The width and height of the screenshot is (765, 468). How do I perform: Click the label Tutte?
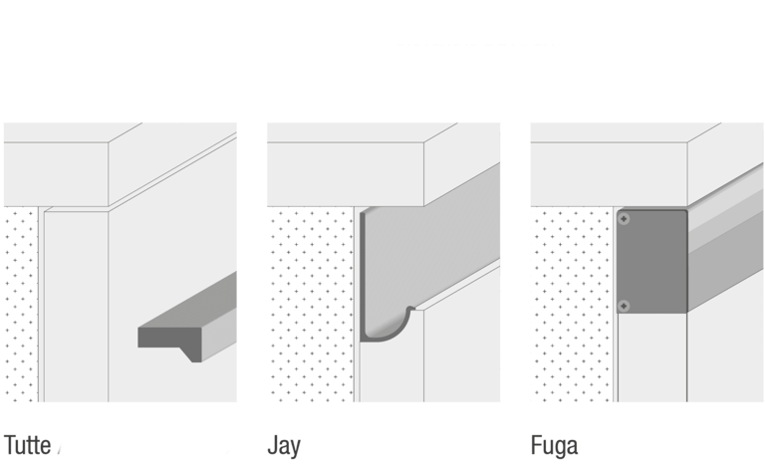pos(27,445)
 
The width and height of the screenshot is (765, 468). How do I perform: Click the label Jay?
pos(284,446)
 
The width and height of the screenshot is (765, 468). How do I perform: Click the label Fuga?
pos(554,446)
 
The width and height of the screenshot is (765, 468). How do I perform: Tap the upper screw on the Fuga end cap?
pos(624,219)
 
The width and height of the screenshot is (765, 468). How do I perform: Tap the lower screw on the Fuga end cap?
pos(624,306)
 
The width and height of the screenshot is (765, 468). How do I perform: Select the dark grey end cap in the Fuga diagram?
pos(652,261)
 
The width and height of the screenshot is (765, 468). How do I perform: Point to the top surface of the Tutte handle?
pos(188,300)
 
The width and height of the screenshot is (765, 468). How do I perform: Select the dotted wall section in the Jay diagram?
pos(311,304)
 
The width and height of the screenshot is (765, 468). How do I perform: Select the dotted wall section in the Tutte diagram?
pos(21,304)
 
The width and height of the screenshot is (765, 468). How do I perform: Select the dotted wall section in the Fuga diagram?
pos(572,304)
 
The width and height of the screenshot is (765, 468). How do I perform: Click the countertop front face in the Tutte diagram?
pos(56,174)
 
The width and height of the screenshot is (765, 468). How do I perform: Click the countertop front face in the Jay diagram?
pos(346,174)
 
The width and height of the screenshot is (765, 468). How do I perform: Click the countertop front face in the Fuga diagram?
pos(609,174)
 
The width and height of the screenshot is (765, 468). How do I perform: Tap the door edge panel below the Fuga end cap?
pos(652,357)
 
